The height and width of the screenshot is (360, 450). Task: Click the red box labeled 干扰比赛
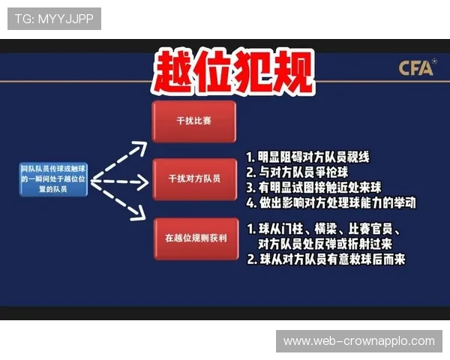coord(193,121)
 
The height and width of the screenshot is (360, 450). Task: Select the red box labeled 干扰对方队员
coord(193,178)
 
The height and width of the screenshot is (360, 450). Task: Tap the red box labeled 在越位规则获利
coord(193,238)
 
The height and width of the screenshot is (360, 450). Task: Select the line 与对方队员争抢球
coord(297,172)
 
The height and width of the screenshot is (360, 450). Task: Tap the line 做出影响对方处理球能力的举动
coord(330,202)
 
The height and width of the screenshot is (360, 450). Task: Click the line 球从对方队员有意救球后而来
coord(325,259)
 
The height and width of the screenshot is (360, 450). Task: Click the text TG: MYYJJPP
coord(54,19)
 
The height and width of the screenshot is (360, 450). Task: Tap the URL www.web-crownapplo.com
coord(359,341)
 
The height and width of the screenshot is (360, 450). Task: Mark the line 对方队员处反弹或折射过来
coord(323,244)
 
